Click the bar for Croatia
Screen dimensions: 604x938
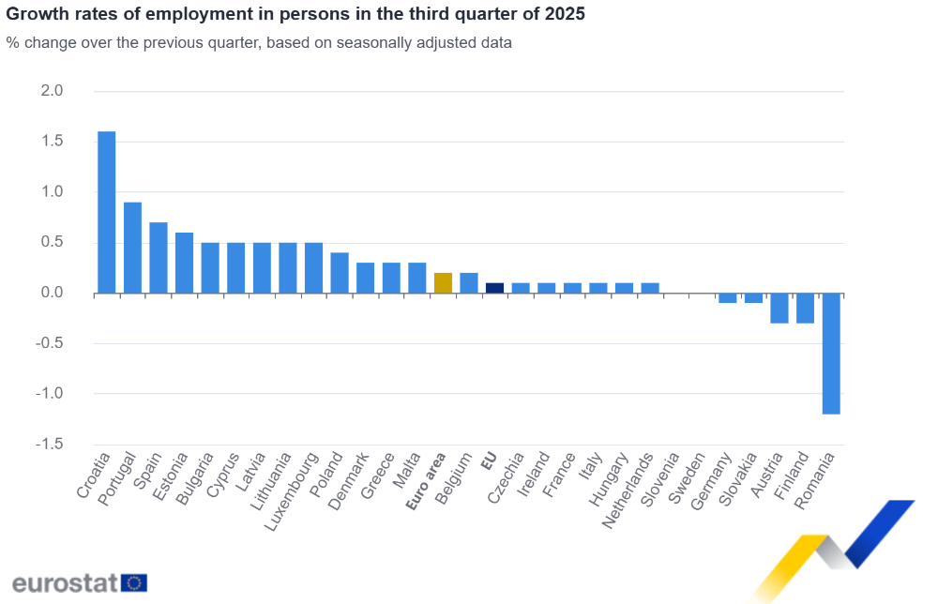107,212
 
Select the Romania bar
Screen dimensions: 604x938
831,353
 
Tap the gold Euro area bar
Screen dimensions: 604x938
443,283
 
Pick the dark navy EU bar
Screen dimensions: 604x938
494,288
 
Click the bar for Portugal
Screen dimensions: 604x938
132,248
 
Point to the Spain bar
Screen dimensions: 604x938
159,258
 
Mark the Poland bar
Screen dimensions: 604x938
340,273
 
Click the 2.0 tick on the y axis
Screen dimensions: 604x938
52,91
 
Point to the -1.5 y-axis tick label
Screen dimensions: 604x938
49,444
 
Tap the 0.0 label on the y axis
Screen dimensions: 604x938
52,293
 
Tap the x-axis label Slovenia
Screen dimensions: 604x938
660,481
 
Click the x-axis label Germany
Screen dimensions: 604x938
711,482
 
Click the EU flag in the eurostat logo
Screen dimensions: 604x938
134,582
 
